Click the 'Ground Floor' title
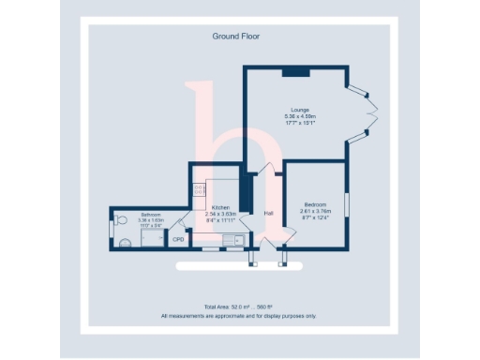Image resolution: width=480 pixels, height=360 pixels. (236, 37)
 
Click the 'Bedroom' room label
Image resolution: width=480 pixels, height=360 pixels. (315, 204)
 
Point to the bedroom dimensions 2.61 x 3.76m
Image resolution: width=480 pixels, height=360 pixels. (315, 211)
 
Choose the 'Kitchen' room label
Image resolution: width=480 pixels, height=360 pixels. (221, 207)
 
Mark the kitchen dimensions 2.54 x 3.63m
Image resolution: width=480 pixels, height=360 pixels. (222, 214)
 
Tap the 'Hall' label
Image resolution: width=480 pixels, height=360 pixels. (268, 213)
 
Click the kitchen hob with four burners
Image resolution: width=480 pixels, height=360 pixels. (200, 189)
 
